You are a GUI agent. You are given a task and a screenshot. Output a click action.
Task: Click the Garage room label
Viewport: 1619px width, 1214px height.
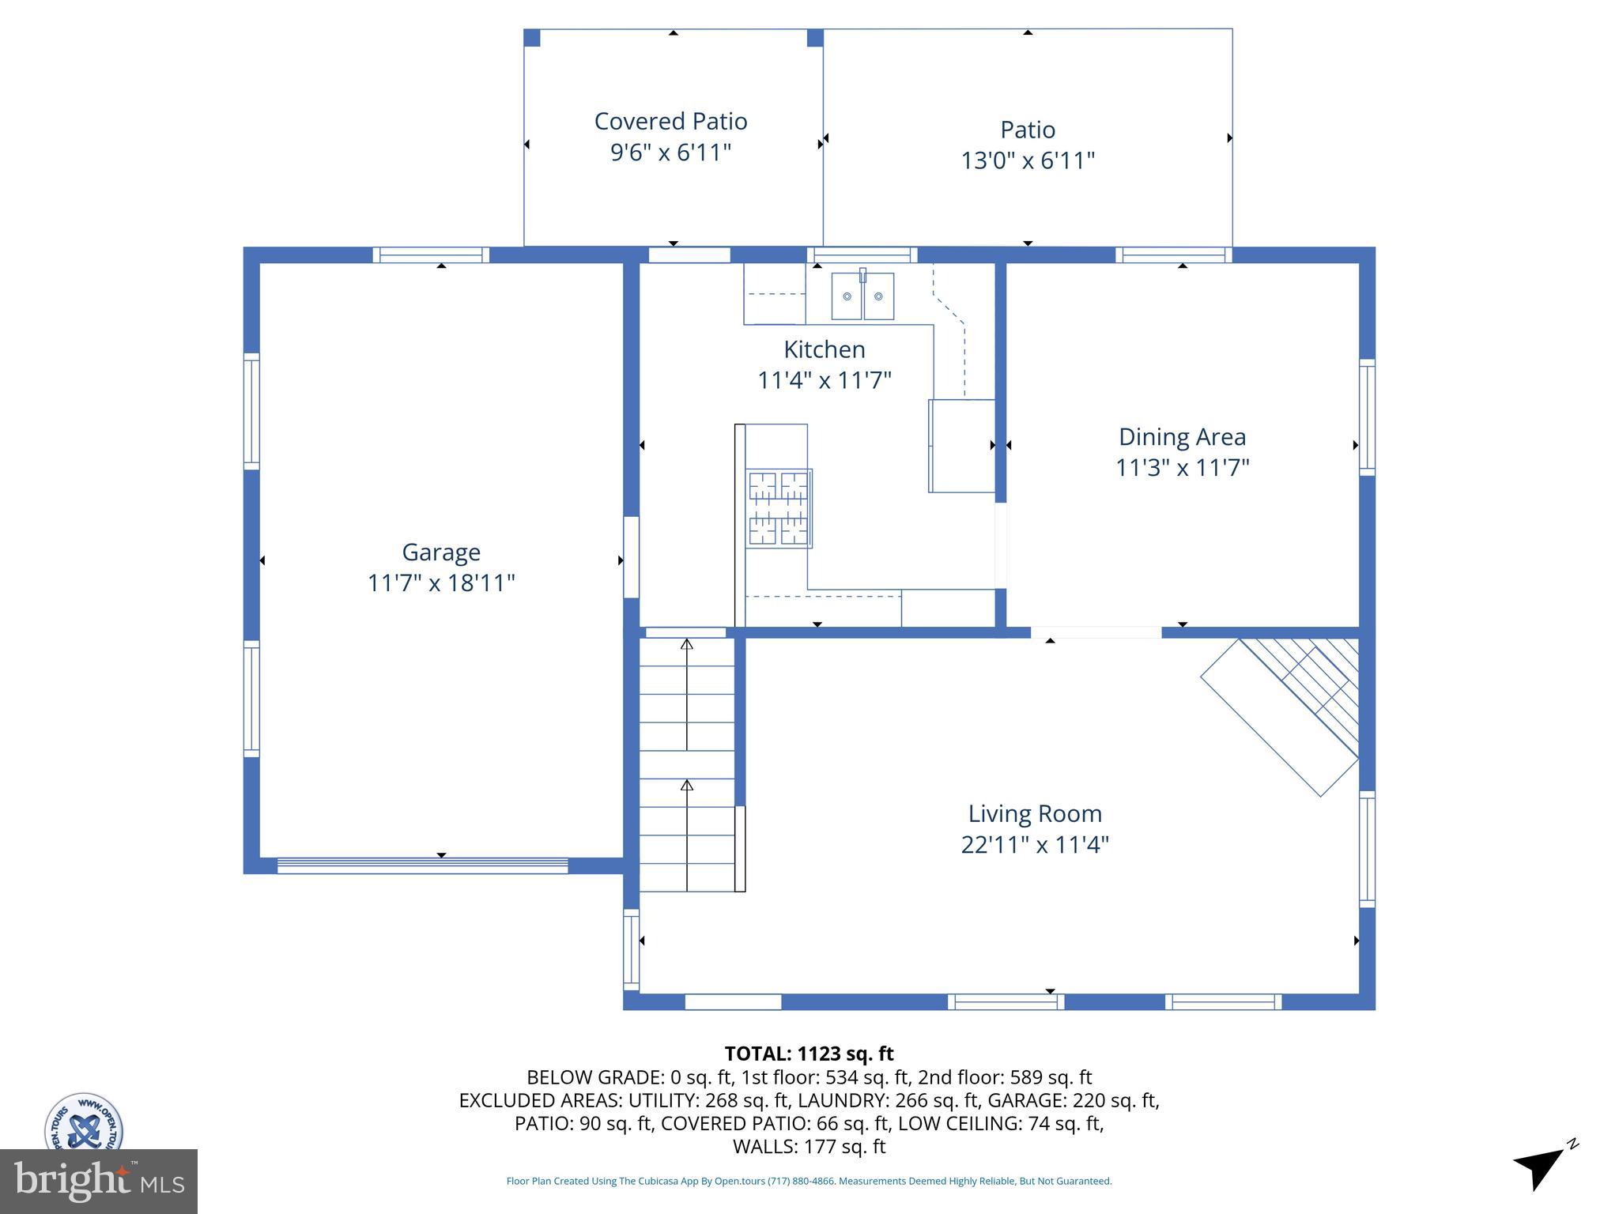(441, 552)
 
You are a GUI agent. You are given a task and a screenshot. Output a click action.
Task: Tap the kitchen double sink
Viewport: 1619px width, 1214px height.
(862, 296)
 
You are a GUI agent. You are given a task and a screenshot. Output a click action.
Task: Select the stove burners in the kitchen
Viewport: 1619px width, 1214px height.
(779, 507)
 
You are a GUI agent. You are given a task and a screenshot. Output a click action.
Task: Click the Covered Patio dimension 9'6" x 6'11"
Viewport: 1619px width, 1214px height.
(670, 152)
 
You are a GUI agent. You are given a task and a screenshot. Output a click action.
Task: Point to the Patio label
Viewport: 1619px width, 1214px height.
(1027, 130)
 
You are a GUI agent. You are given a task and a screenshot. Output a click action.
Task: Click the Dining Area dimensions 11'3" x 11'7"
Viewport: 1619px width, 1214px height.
(1182, 467)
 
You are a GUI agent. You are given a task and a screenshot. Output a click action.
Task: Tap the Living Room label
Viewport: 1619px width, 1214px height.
(1035, 813)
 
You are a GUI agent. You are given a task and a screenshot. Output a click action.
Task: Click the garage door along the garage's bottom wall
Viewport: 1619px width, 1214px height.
(422, 865)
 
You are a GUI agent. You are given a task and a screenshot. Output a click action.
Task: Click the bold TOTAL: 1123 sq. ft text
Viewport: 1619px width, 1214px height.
(809, 1054)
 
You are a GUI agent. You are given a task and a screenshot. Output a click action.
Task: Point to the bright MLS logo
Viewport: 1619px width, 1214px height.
(99, 1181)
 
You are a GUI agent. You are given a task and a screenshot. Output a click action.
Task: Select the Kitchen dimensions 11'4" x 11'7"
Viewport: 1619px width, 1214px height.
(824, 380)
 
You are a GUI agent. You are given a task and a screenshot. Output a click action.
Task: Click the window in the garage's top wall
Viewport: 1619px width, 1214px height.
(431, 254)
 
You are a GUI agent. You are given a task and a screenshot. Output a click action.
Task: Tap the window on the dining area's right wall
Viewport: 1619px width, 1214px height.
(1367, 417)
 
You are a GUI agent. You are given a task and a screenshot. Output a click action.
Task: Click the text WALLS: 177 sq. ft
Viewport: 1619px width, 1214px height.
(809, 1146)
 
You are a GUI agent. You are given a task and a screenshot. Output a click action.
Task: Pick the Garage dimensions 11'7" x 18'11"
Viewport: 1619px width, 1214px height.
(441, 583)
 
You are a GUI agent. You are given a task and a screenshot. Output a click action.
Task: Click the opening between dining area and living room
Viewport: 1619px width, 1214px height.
(1096, 632)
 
